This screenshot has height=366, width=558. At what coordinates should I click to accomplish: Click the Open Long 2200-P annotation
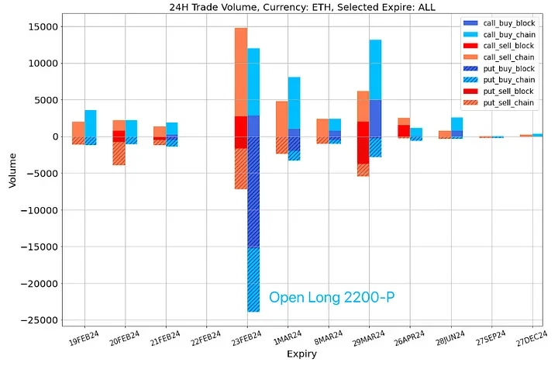coord(332,297)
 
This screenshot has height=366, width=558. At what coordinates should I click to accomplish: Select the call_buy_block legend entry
coord(508,23)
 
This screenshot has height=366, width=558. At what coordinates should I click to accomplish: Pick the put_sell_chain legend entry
coord(508,102)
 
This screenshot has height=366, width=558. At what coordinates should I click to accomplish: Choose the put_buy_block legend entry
coord(508,68)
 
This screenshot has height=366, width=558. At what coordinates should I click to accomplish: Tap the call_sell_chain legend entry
coord(508,57)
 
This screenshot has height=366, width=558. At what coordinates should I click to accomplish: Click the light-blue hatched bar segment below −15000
coord(253,279)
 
